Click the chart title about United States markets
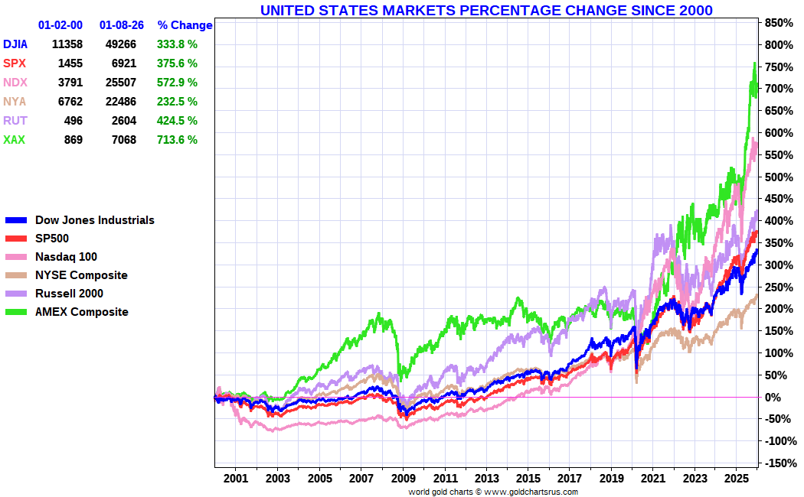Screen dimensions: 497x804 (486, 10)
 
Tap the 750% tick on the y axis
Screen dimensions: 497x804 (777, 67)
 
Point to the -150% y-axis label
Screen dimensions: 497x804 (779, 463)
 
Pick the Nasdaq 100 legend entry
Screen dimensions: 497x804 (66, 257)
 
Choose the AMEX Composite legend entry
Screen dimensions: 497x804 (81, 312)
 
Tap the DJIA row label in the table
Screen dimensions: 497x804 (15, 44)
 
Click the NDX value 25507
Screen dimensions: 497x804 (129, 83)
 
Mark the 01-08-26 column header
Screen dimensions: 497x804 (122, 25)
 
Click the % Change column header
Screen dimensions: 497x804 (185, 25)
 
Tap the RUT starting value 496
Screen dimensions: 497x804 (74, 121)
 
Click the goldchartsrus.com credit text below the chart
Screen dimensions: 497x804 (492, 492)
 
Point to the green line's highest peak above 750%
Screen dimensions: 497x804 (755, 63)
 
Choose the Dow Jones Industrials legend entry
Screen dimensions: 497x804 (94, 220)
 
